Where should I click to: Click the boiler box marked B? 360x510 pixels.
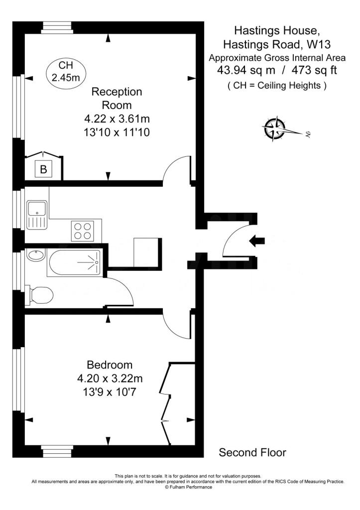point(43,169)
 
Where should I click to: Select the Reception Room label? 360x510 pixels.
point(117,98)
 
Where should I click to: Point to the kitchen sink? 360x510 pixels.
point(37,215)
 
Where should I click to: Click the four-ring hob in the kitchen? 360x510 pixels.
point(83,230)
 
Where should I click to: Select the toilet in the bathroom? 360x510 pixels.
point(40,295)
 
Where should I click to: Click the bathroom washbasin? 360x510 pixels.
point(35,256)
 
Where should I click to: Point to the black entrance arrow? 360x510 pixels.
point(257,242)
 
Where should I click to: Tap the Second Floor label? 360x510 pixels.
point(252,452)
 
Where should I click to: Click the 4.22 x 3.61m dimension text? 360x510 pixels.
point(117,119)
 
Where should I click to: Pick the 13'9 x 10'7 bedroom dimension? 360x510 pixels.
point(110,392)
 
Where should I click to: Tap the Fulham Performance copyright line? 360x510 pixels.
point(188,487)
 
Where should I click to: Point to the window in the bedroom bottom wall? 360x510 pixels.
point(57,451)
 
